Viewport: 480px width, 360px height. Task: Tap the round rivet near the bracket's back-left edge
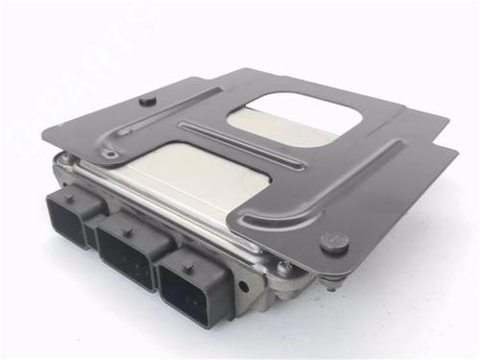(145, 98)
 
